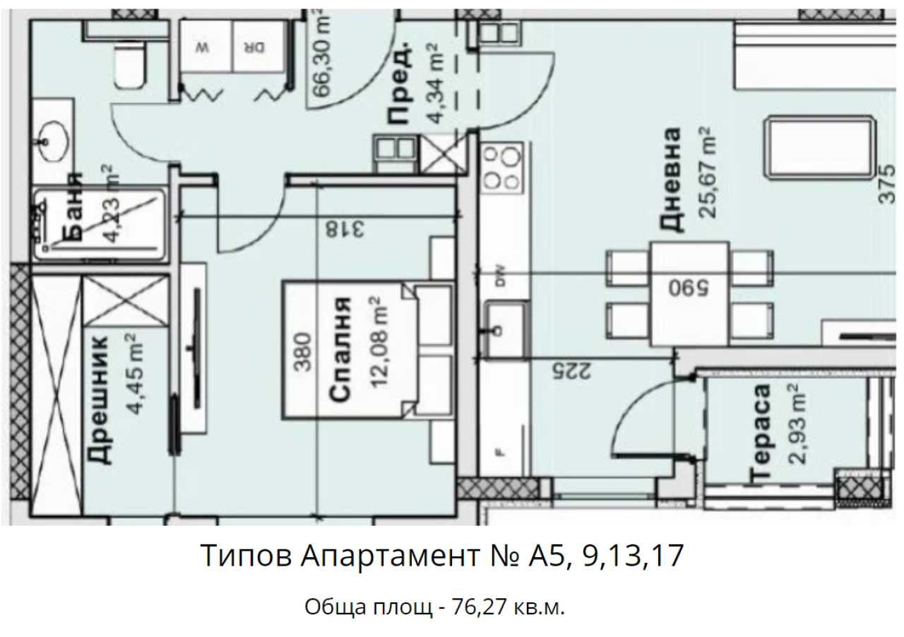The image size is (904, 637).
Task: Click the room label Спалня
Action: pyautogui.click(x=340, y=350)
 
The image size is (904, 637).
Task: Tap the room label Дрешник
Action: pyautogui.click(x=100, y=399)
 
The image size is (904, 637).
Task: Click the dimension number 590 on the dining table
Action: pyautogui.click(x=689, y=288)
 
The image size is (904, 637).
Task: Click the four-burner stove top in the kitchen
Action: pyautogui.click(x=502, y=168)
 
